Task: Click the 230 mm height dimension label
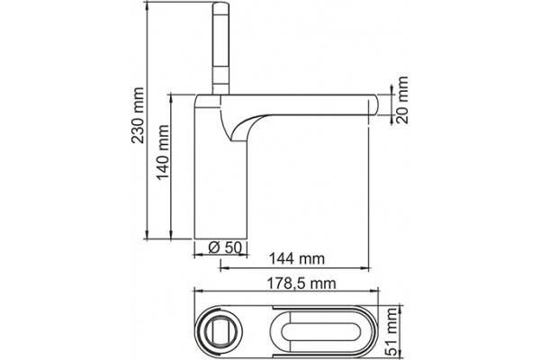coord(138,115)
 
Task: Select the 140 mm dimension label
coord(163,152)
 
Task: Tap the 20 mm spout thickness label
coord(402,100)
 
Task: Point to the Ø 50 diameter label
coord(225,247)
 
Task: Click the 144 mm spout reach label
coord(296,258)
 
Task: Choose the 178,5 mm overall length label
coord(301,283)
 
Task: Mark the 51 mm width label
coord(391,332)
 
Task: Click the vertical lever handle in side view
coord(220,49)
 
